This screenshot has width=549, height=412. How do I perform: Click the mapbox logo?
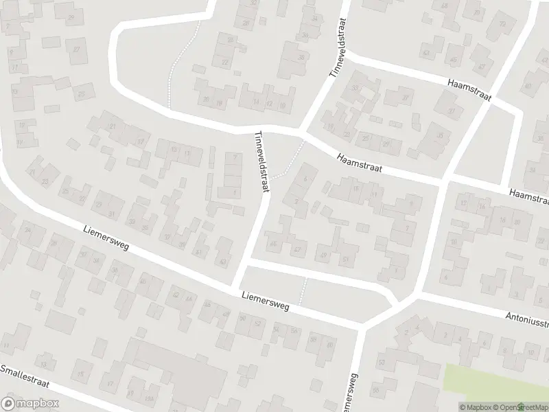[x=29, y=404]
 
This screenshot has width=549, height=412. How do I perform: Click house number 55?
[x=377, y=391]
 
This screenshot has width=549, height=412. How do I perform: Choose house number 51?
[x=345, y=259]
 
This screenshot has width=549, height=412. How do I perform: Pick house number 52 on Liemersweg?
[x=175, y=295]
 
